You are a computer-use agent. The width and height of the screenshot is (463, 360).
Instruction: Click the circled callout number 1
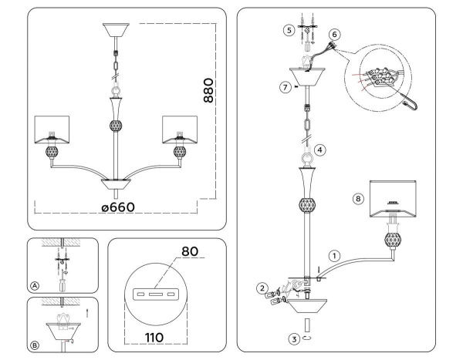click(x=334, y=255)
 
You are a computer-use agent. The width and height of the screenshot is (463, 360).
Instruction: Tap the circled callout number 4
click(x=319, y=150)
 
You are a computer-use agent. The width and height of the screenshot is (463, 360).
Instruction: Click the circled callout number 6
click(x=334, y=35)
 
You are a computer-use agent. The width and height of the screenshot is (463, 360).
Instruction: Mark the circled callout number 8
click(x=357, y=198)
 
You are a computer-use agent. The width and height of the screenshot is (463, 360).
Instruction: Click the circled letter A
click(x=35, y=284)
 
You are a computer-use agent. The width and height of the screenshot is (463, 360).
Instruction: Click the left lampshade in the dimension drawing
click(x=54, y=130)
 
